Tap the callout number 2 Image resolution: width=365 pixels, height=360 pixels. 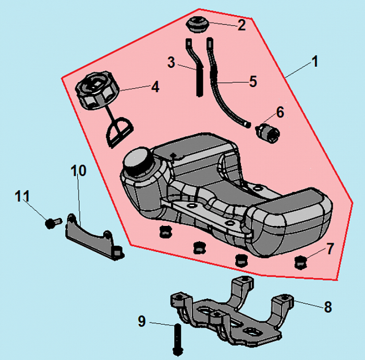point(241,25)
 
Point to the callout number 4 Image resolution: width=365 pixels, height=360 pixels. point(155,87)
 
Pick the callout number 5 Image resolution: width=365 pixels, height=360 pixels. point(253,81)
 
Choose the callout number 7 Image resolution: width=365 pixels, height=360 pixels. point(330,248)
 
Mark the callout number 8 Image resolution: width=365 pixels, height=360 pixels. point(327,307)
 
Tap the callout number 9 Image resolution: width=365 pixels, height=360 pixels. point(142,322)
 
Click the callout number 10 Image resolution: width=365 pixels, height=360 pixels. point(78,171)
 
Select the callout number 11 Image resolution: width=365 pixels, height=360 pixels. point(22,197)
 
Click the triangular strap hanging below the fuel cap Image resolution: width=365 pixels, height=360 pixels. point(119,131)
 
